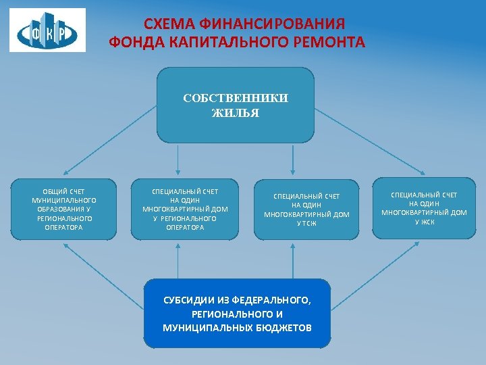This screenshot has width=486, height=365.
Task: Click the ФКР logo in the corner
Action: tap(47, 30)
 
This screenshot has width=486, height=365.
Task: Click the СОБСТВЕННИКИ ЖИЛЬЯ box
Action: tap(236, 105)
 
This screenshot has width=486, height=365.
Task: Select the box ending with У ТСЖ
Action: tap(306, 209)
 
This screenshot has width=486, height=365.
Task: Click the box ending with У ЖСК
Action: tap(424, 208)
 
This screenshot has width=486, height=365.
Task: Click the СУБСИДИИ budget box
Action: tap(237, 314)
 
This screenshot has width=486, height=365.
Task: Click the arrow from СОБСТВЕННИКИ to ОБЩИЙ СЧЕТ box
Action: tap(111, 142)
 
